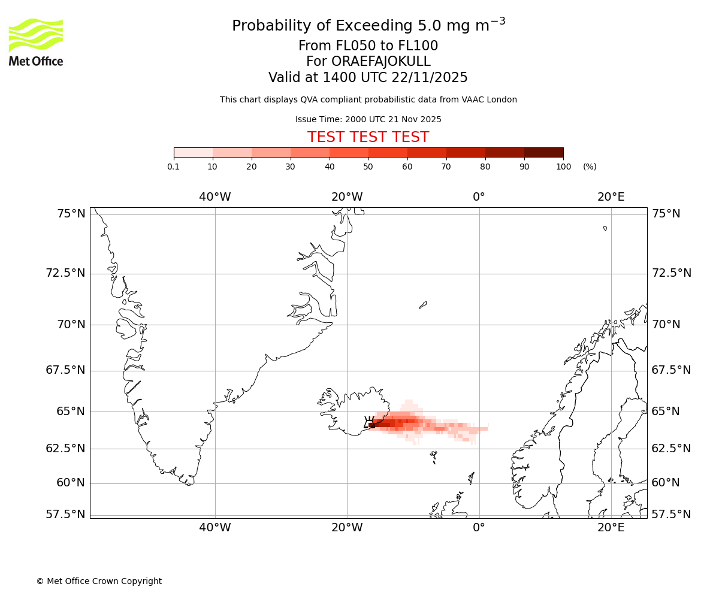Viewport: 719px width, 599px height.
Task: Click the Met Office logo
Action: click(x=36, y=42)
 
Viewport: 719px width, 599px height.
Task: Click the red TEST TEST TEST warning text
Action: click(x=368, y=137)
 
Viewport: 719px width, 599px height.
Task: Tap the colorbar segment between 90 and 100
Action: click(x=543, y=152)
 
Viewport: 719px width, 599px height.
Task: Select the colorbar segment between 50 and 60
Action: click(x=388, y=152)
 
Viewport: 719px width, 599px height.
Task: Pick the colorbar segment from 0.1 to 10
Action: click(x=194, y=152)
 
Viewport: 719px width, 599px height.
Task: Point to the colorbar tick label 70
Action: click(x=446, y=167)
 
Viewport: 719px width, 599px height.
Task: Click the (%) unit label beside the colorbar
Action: click(x=590, y=167)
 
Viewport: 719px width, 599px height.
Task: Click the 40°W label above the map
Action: click(x=215, y=197)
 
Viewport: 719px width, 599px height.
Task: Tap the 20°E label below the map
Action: click(x=611, y=528)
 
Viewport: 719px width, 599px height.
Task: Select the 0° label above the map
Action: click(x=479, y=197)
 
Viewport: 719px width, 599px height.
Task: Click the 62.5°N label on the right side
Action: click(x=671, y=448)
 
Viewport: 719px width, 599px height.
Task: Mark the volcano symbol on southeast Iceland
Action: click(x=370, y=422)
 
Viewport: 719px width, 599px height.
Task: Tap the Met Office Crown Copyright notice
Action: click(x=99, y=581)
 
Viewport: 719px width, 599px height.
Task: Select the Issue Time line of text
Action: click(x=368, y=119)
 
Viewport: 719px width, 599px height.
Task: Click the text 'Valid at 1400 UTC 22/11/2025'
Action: click(x=368, y=77)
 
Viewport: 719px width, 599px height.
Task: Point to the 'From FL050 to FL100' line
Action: click(x=368, y=46)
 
